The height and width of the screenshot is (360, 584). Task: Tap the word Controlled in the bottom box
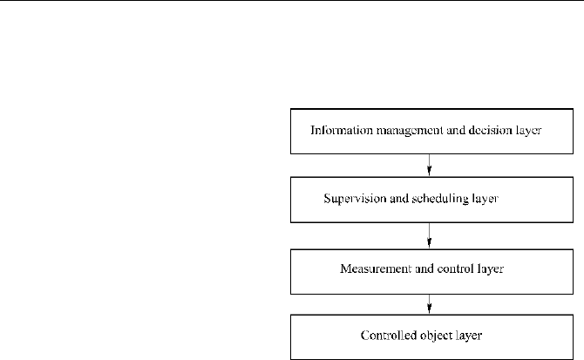click(x=389, y=336)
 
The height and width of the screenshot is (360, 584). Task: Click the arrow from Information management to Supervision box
click(x=430, y=165)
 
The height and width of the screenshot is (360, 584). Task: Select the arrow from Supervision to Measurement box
click(x=430, y=235)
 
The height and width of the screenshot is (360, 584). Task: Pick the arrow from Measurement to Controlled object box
click(x=430, y=304)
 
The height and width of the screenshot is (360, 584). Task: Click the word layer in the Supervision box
click(x=486, y=199)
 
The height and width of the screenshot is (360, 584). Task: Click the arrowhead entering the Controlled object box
click(x=430, y=309)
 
